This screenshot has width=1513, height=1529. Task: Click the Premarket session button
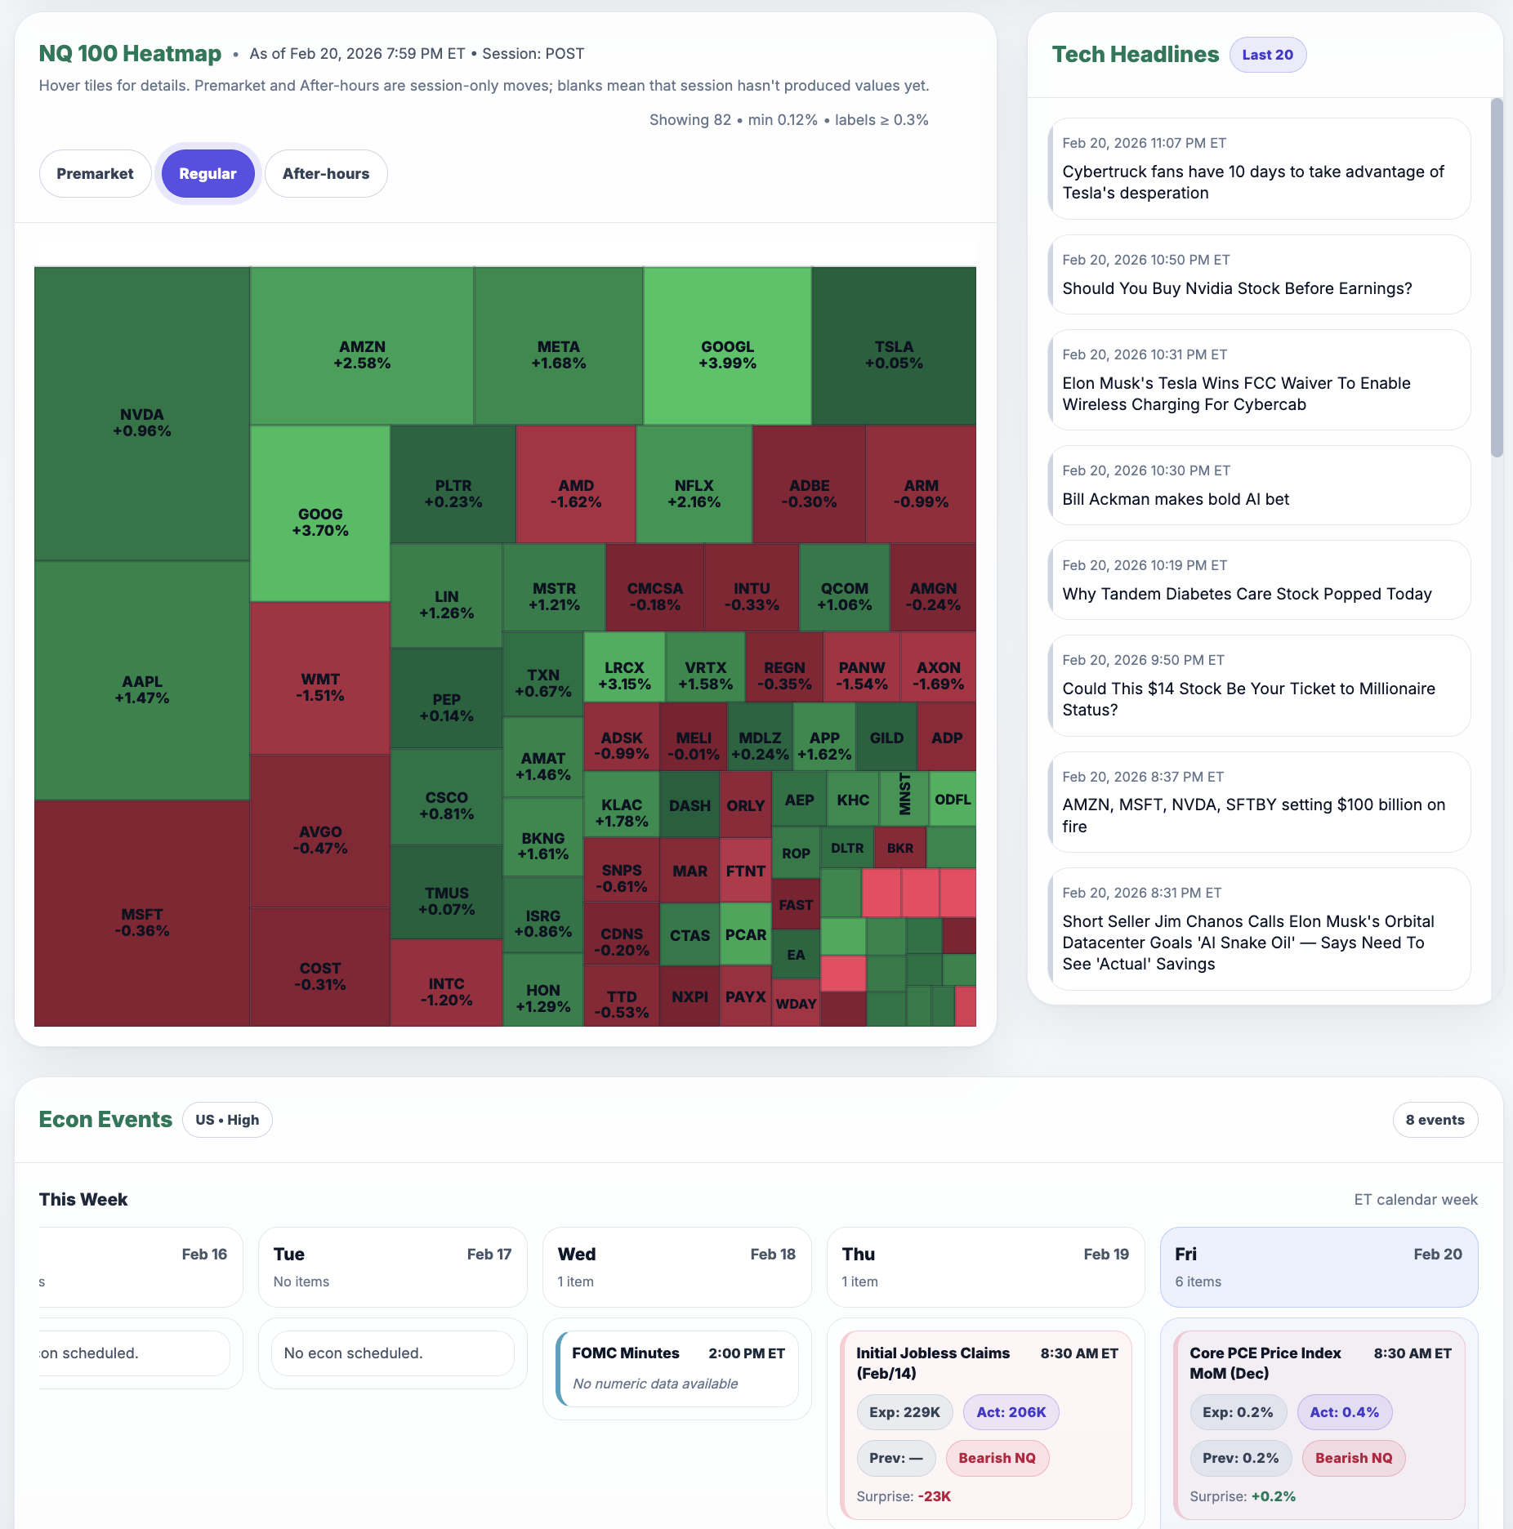point(95,173)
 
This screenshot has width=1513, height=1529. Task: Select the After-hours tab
point(325,173)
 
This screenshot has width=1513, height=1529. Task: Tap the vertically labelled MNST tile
point(904,798)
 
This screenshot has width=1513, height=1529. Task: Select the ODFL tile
point(953,799)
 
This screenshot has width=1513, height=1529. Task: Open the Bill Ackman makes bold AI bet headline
point(1175,499)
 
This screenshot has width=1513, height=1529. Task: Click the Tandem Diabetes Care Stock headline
point(1247,594)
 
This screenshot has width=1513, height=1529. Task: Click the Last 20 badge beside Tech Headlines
point(1267,55)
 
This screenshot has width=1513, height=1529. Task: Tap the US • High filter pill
point(227,1120)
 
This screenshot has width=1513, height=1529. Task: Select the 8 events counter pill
point(1435,1120)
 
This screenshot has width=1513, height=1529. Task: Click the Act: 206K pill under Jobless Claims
point(1011,1412)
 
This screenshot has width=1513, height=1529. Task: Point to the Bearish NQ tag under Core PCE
point(1353,1458)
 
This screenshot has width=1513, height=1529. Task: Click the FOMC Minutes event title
point(625,1353)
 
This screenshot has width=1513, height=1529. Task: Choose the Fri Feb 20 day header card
point(1318,1267)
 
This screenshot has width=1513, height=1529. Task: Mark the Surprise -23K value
point(934,1496)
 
